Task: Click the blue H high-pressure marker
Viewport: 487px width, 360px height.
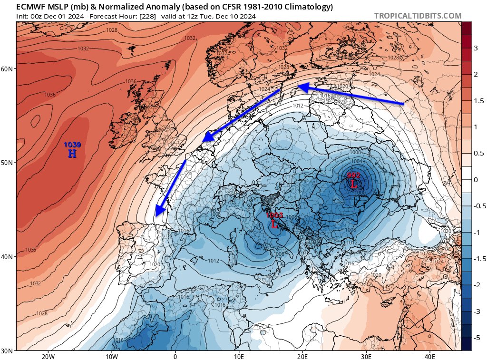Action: (x=72, y=153)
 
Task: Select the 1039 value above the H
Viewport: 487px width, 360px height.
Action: (x=72, y=145)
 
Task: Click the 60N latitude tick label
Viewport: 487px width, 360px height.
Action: (x=7, y=69)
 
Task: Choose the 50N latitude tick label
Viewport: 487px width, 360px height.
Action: (x=7, y=163)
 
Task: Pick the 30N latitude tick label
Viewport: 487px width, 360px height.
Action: (x=7, y=351)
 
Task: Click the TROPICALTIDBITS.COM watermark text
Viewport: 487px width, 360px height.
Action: (x=418, y=16)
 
